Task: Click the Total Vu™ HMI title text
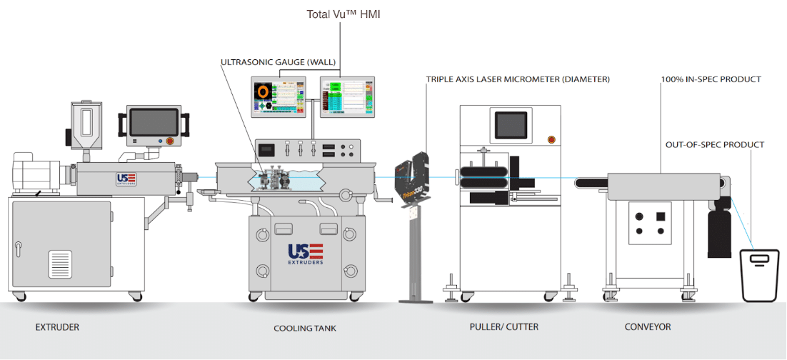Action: tap(343, 14)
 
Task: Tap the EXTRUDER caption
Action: tap(57, 327)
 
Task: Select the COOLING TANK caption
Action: tap(304, 328)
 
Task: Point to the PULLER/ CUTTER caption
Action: tap(503, 327)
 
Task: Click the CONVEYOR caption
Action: tap(647, 327)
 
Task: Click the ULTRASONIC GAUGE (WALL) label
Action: tap(278, 62)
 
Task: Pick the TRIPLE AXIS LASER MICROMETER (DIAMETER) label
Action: tap(518, 79)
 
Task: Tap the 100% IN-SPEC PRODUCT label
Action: tap(711, 79)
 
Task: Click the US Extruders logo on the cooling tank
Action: tap(306, 254)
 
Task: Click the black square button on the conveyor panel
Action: tap(661, 216)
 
